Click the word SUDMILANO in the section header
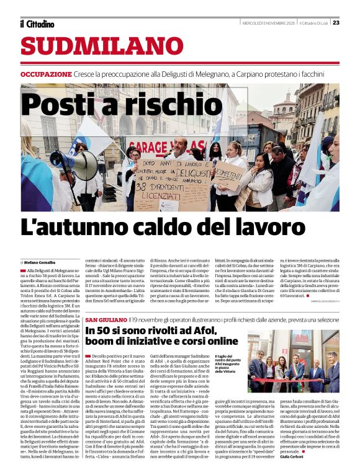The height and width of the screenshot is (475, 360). (x=102, y=47)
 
